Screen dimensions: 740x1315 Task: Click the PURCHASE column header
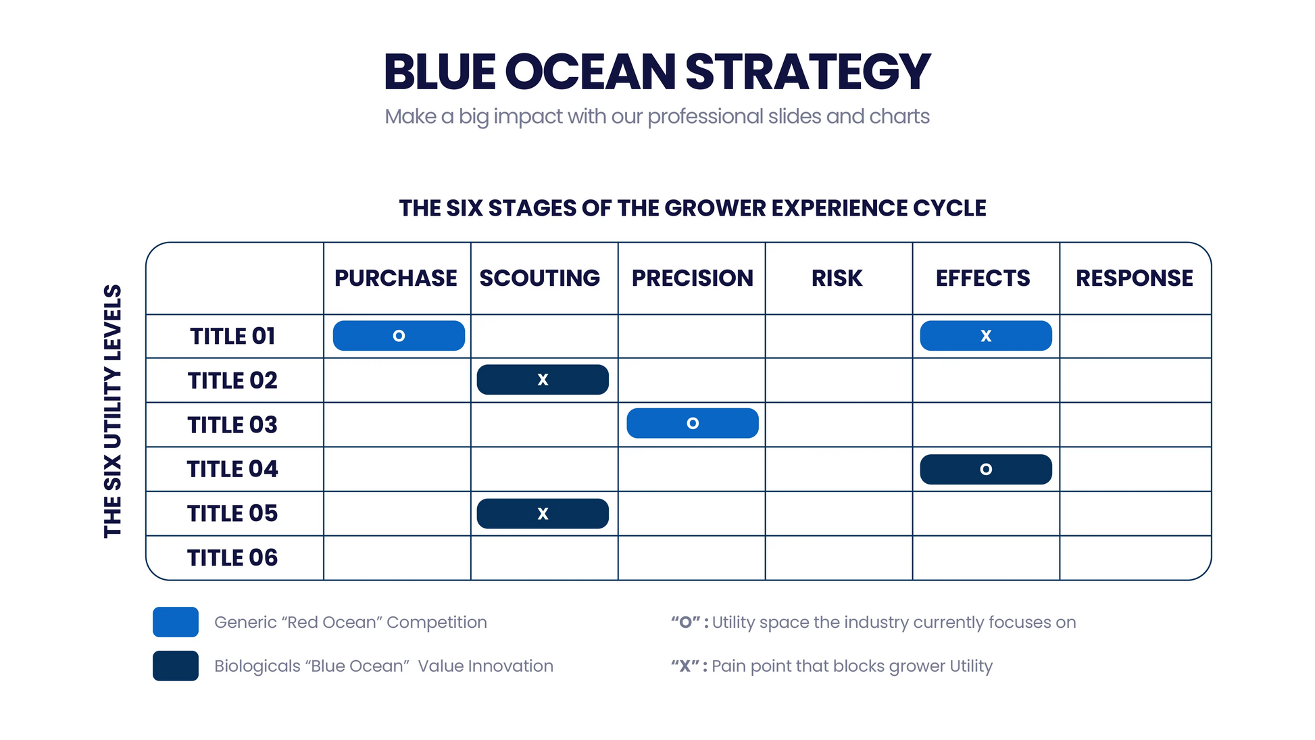click(396, 278)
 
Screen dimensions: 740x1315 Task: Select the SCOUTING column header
click(539, 278)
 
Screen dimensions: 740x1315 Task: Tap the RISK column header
click(837, 278)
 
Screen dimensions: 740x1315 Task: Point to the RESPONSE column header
click(1134, 278)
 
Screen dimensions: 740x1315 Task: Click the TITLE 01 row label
click(232, 336)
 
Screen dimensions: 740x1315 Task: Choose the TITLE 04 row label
click(232, 469)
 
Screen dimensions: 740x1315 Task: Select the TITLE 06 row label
click(232, 558)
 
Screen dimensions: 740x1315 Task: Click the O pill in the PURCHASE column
click(399, 336)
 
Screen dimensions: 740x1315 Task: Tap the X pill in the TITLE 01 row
click(985, 336)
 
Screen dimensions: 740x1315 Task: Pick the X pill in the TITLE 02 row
click(543, 380)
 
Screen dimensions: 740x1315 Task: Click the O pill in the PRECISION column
click(692, 423)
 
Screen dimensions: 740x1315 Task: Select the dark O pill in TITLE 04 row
click(985, 469)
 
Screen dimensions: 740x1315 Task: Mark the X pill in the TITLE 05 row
click(543, 514)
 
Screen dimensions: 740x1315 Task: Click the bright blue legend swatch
click(176, 622)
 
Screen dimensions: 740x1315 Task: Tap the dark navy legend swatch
click(176, 666)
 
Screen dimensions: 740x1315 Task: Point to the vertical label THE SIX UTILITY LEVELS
click(113, 411)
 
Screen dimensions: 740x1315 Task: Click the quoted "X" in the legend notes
click(685, 666)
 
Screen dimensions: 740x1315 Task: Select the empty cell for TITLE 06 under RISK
click(838, 558)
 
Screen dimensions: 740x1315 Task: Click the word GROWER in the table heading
click(716, 208)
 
